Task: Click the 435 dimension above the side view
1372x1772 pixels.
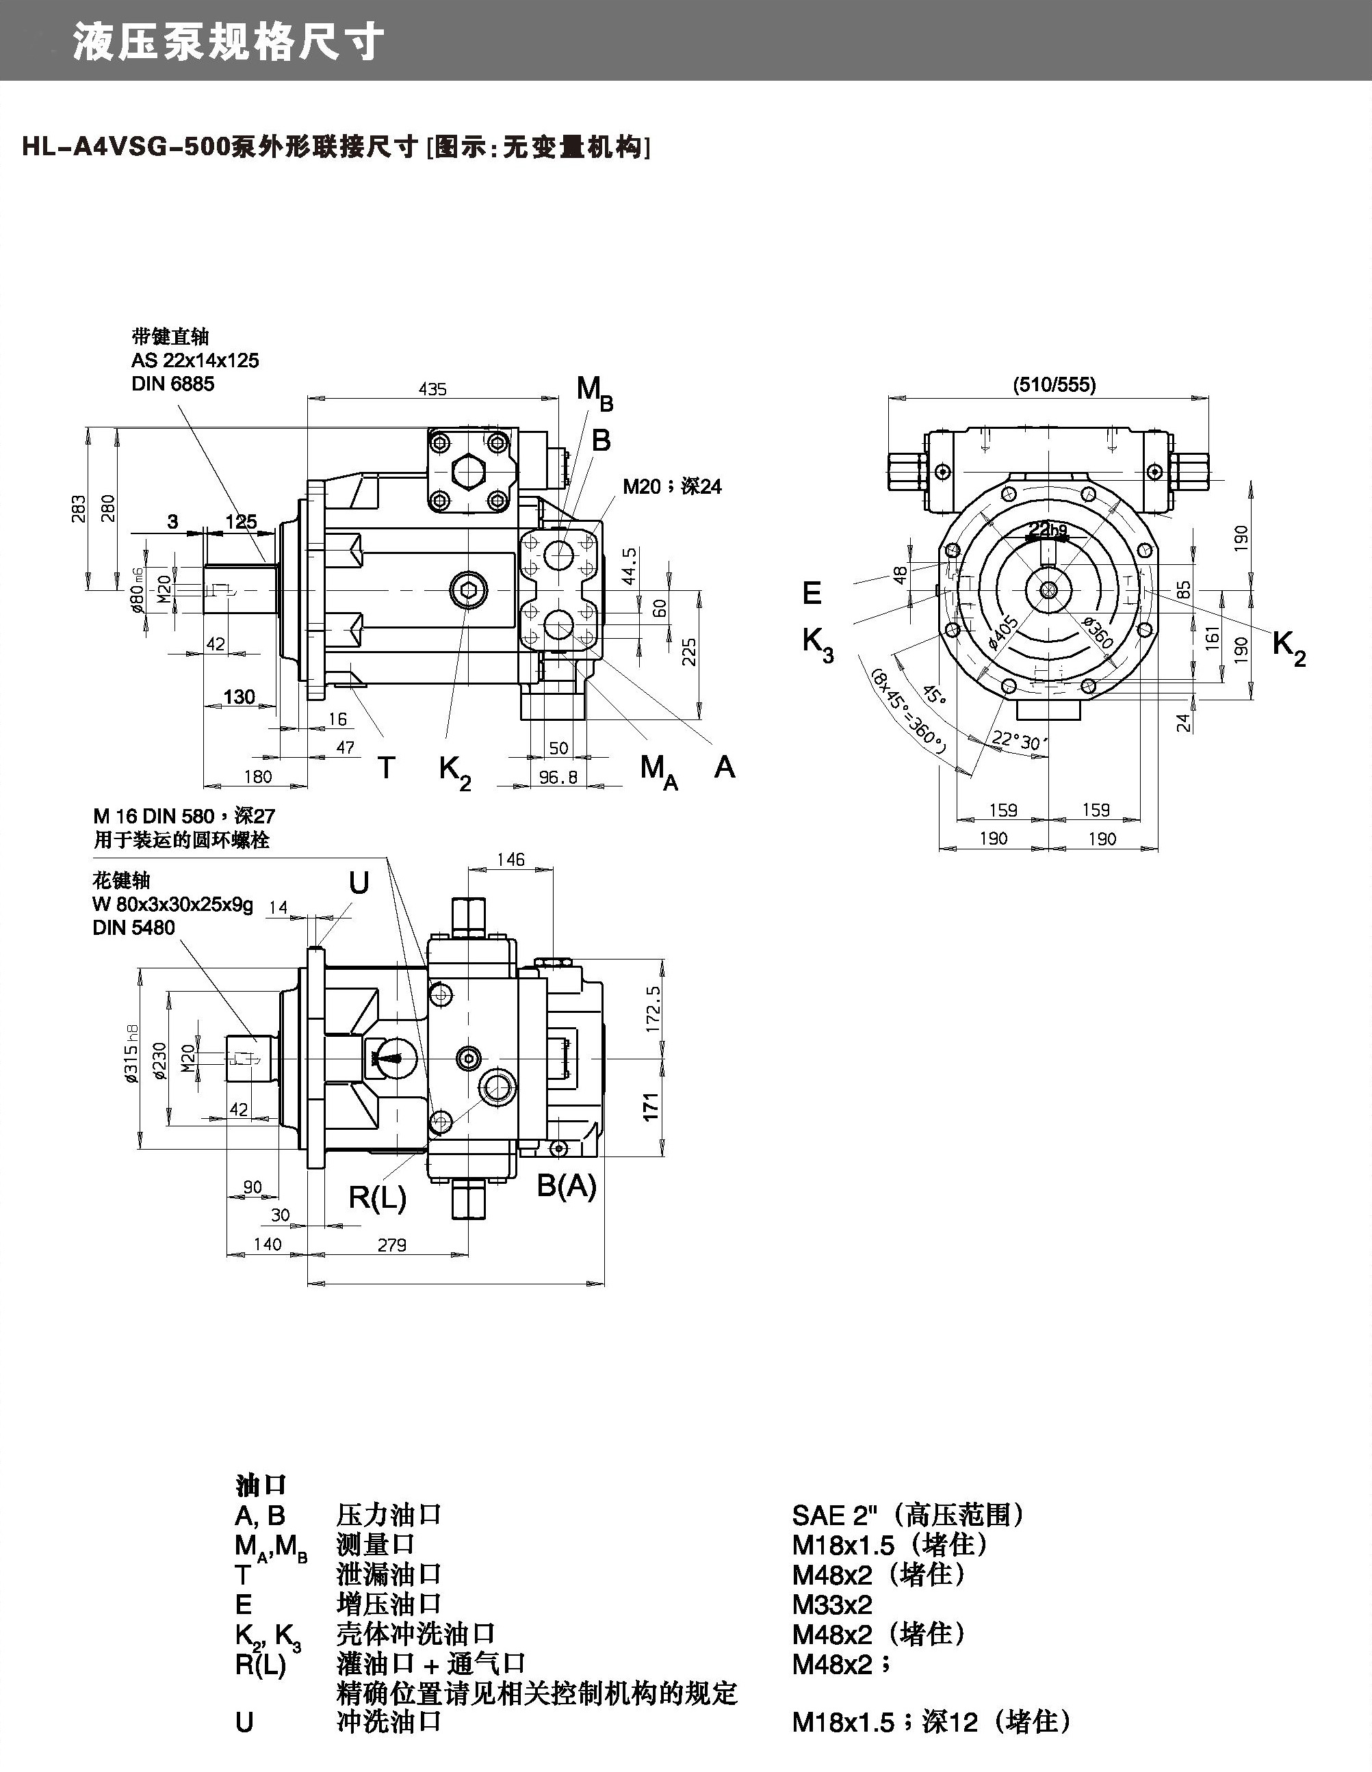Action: click(x=432, y=389)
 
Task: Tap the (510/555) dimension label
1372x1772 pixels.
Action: click(x=1054, y=384)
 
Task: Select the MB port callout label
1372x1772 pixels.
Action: click(x=594, y=393)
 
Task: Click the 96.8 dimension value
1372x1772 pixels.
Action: click(x=558, y=778)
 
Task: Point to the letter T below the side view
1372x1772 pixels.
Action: click(x=387, y=767)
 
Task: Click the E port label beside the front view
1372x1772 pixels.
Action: click(x=812, y=593)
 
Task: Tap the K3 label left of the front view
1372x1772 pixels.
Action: click(x=818, y=645)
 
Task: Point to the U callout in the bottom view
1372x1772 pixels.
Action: click(x=358, y=883)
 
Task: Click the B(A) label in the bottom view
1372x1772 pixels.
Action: click(x=567, y=1185)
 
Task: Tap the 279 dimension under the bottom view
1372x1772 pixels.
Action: click(x=391, y=1245)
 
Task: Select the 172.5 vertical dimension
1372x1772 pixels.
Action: click(x=653, y=1009)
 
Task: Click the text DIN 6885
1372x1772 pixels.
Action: click(x=173, y=384)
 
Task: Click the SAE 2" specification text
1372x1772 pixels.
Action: click(x=831, y=1513)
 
